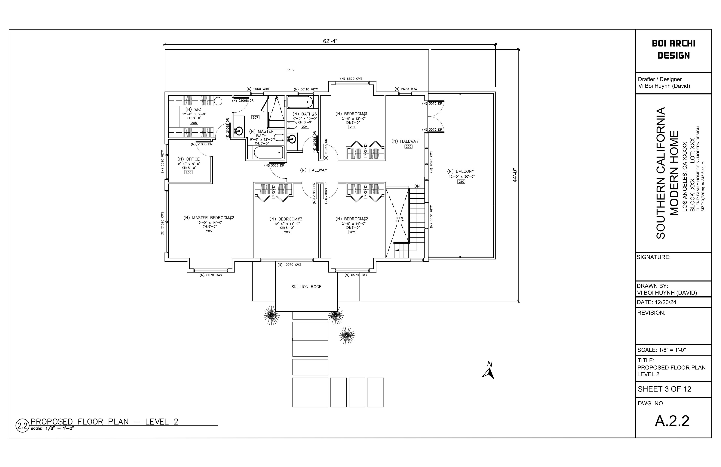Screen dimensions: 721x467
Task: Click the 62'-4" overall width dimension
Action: click(x=330, y=41)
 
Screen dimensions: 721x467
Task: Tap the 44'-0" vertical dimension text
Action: click(x=515, y=175)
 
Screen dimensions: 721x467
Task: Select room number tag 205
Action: click(x=209, y=231)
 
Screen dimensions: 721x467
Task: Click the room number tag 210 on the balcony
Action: click(x=461, y=182)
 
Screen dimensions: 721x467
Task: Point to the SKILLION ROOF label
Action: click(x=306, y=287)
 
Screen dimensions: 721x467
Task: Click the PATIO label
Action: click(x=290, y=70)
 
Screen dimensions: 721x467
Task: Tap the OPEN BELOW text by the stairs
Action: click(x=399, y=219)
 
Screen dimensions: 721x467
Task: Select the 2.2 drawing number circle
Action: click(x=22, y=425)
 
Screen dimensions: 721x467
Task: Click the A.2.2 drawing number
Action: click(x=672, y=421)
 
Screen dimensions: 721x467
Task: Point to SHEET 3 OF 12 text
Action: click(x=665, y=389)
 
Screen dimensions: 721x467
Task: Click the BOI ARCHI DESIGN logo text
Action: click(x=674, y=49)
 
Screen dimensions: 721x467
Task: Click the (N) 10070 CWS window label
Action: click(x=289, y=265)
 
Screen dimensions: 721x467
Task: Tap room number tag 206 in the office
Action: click(x=189, y=172)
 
